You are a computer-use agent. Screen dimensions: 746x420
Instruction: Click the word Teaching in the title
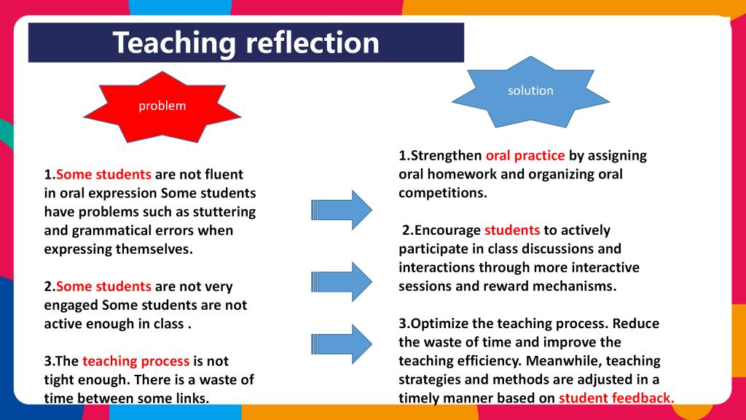coord(174,44)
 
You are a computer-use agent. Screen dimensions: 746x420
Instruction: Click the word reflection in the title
coord(313,42)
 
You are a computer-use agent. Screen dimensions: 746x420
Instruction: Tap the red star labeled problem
coord(162,106)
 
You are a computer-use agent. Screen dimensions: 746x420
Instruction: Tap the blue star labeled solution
coord(530,91)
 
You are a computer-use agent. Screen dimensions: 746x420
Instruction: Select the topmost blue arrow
coord(342,210)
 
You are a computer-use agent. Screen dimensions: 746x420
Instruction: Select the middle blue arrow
coord(342,282)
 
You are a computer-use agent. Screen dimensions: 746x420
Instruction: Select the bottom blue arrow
coord(342,344)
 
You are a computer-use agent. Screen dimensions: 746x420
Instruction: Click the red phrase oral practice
coord(525,156)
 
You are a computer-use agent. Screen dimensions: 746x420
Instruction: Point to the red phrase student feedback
coord(616,398)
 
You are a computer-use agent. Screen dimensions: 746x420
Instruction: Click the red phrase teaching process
coord(136,362)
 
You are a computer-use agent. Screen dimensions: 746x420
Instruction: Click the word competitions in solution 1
coord(443,193)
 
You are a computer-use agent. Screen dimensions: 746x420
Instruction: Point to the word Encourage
coord(448,230)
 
